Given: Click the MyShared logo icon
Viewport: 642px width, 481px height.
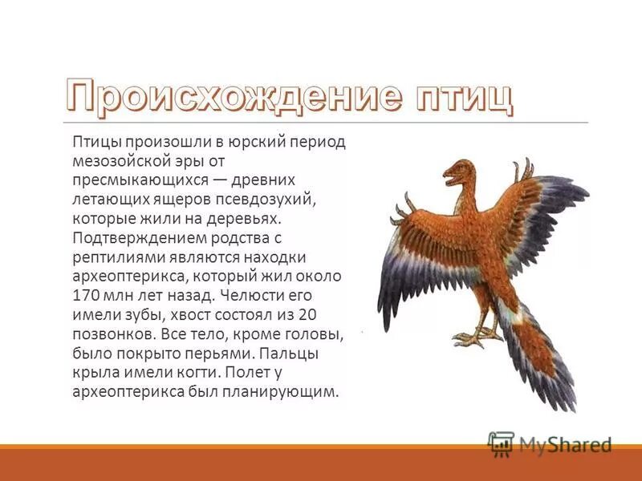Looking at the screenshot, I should tap(500, 443).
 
